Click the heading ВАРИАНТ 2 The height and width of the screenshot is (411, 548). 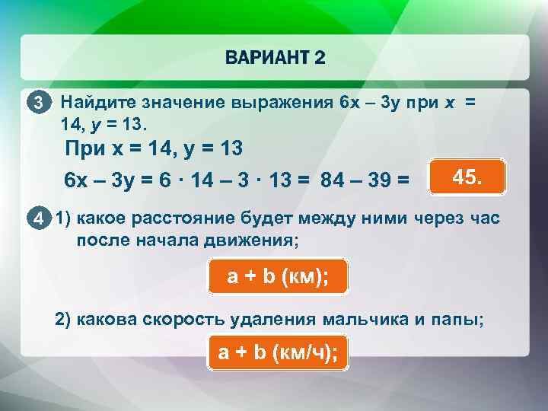click(x=274, y=59)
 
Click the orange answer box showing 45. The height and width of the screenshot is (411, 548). click(x=466, y=177)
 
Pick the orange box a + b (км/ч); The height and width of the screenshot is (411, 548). click(x=278, y=352)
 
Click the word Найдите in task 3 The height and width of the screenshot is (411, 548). click(x=95, y=102)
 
